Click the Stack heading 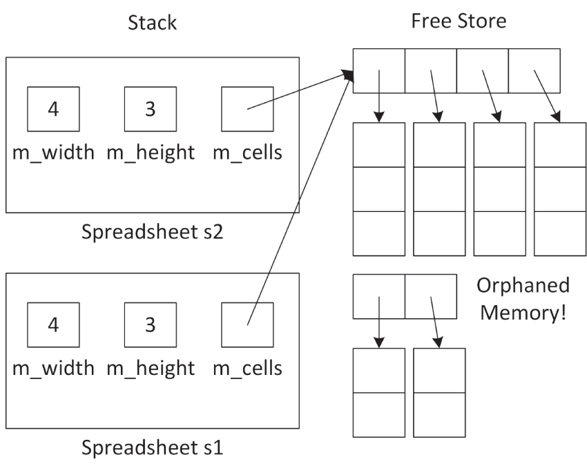point(153,22)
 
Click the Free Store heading point(458,21)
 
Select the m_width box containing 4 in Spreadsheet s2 point(53,109)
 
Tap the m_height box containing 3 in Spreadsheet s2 point(151,109)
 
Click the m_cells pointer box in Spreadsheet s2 point(247,109)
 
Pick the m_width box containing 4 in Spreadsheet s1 point(53,325)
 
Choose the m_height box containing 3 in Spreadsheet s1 point(151,325)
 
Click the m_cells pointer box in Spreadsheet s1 point(247,325)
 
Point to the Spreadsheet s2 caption point(152,230)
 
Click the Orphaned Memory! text point(523,299)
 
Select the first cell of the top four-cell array point(378,71)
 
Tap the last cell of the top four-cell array point(534,71)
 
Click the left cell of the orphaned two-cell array point(378,297)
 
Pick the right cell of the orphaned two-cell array point(430,297)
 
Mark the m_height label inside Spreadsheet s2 point(151,153)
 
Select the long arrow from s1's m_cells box point(297,200)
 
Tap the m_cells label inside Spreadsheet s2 point(247,153)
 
